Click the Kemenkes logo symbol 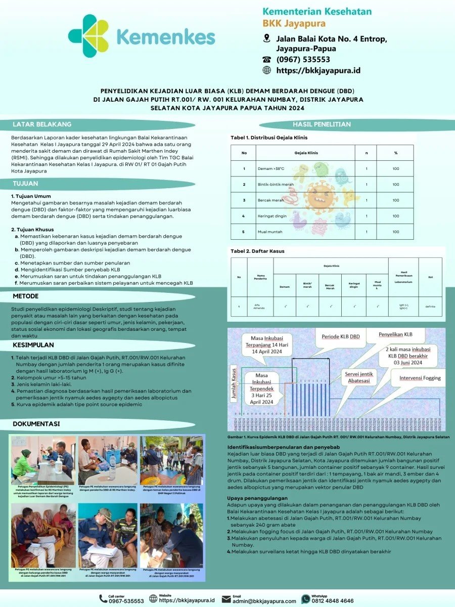(88, 36)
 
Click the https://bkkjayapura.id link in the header (318, 70)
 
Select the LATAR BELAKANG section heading (42, 124)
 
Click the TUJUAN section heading (25, 184)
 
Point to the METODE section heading (26, 295)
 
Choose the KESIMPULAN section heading (33, 345)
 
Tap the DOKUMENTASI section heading (36, 424)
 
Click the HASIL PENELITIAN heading (322, 124)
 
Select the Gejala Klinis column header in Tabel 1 (305, 152)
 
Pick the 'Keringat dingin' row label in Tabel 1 (271, 216)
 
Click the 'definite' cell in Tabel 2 (430, 307)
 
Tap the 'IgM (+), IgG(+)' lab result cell (403, 307)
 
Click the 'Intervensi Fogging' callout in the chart (420, 378)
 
